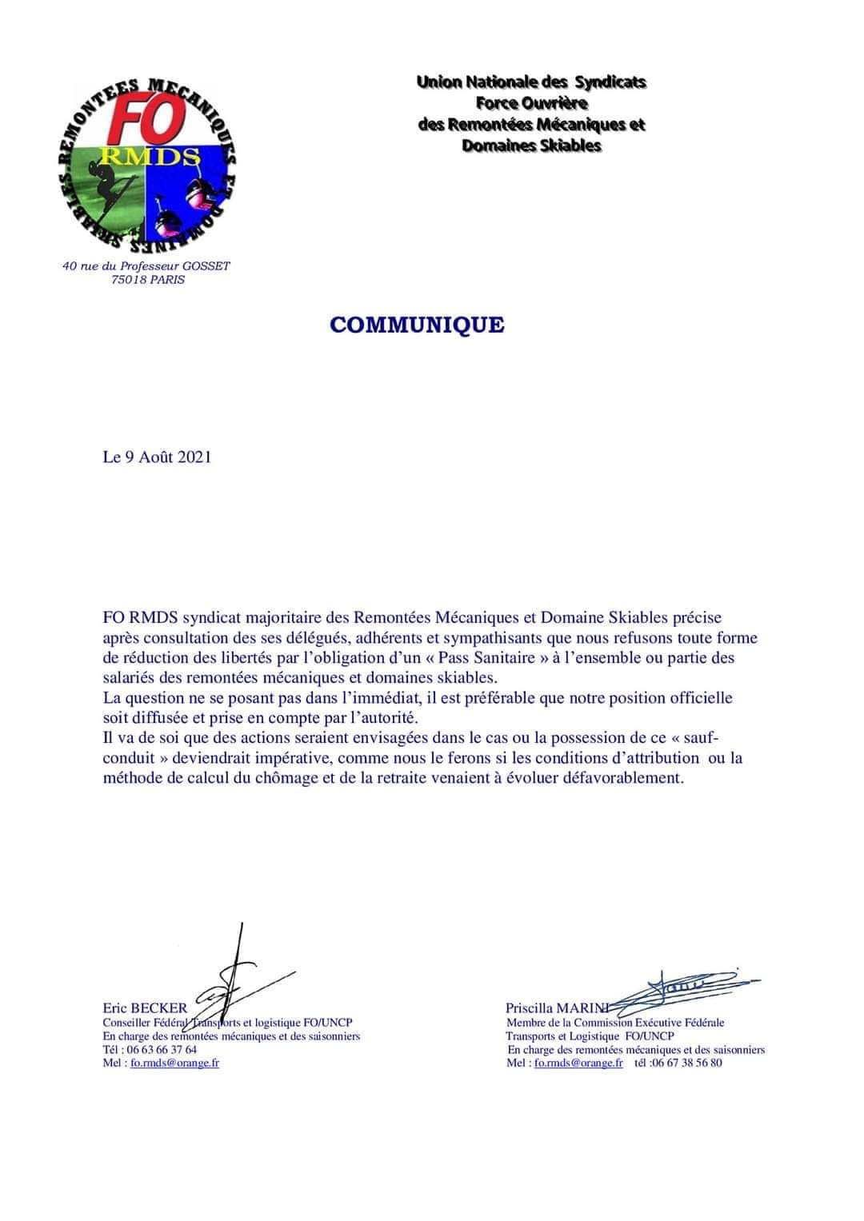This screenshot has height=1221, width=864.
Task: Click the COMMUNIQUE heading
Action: coord(417,325)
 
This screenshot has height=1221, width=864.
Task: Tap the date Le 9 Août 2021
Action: coord(157,457)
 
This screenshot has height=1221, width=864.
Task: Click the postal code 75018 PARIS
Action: coord(148,280)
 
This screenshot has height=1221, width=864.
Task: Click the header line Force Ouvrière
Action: coord(531,103)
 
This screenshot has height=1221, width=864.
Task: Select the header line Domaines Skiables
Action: coord(531,146)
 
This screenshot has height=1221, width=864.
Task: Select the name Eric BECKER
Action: coord(145,1008)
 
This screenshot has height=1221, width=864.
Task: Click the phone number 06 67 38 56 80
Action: coord(687,1063)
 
